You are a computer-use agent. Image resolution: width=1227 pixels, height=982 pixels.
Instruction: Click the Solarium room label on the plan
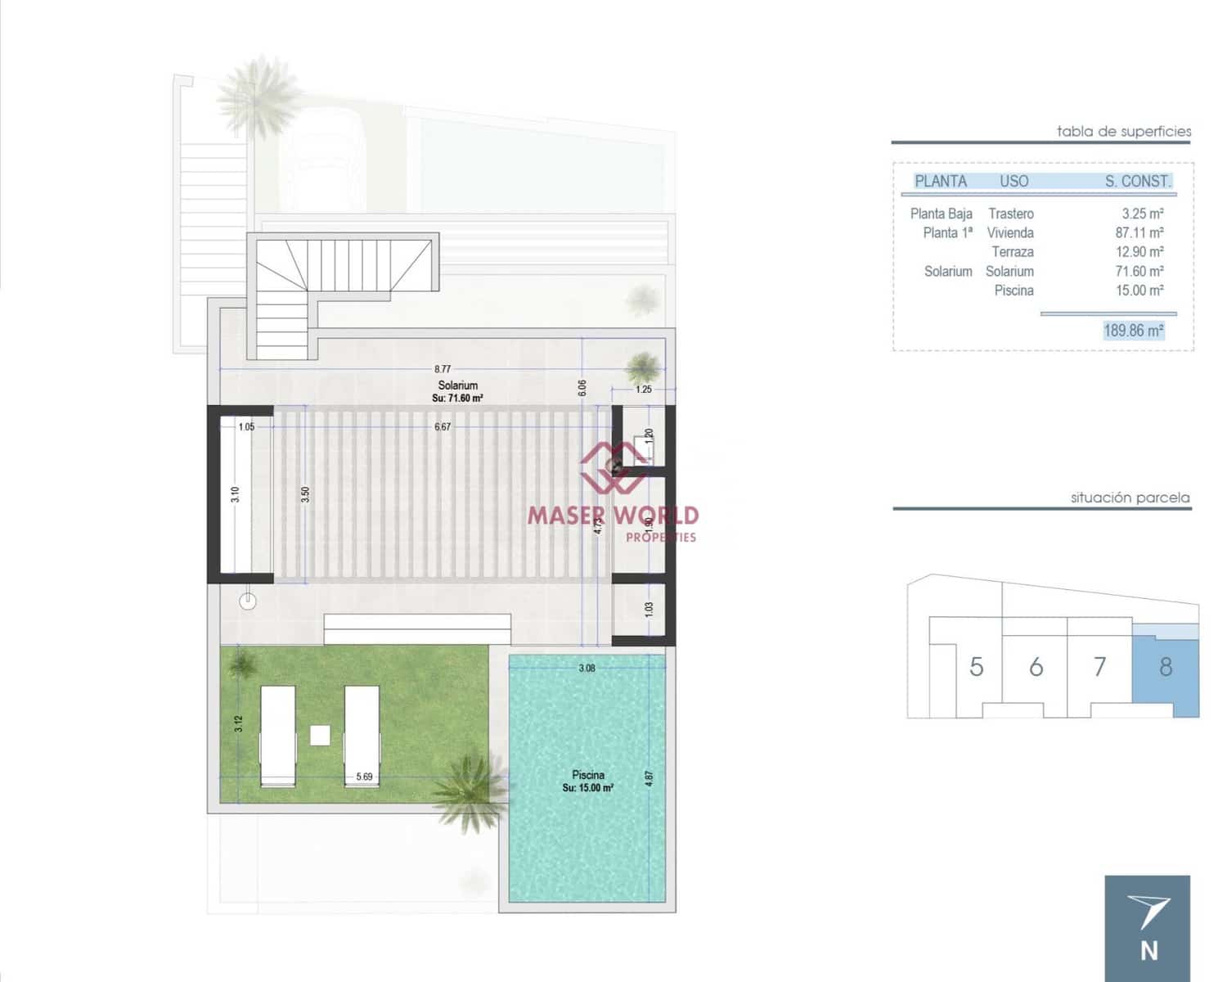click(457, 385)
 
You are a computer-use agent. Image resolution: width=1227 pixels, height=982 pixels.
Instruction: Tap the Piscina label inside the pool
click(588, 775)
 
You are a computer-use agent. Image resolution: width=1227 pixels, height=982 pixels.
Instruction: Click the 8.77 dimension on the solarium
click(443, 369)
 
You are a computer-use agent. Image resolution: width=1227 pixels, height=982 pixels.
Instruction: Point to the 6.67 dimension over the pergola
click(443, 427)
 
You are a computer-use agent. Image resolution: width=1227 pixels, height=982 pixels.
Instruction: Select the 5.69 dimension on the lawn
click(364, 777)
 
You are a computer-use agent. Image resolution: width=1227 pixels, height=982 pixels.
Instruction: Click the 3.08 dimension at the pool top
click(587, 669)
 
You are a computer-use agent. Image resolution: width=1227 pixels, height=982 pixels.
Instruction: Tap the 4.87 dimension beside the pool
click(649, 778)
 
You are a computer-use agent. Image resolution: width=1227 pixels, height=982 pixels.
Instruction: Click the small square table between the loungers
click(320, 735)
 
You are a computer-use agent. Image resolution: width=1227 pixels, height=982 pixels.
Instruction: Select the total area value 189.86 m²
click(1133, 331)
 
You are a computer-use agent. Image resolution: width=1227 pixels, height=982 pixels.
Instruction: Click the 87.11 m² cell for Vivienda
click(1139, 233)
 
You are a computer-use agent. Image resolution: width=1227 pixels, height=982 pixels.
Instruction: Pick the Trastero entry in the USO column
click(1011, 214)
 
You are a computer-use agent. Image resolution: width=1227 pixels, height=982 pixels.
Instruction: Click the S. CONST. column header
click(1138, 182)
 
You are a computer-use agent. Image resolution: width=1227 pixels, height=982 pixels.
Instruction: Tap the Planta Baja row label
click(941, 214)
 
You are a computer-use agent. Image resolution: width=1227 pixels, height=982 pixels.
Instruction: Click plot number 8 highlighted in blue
click(1166, 667)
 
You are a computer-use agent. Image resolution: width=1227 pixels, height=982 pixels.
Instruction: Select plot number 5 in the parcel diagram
click(976, 667)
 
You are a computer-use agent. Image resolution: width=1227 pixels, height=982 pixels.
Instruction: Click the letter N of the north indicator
click(1149, 951)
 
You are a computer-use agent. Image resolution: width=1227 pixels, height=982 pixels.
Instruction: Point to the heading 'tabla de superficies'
click(1124, 131)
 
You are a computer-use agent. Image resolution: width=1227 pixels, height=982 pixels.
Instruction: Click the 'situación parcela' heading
click(1130, 498)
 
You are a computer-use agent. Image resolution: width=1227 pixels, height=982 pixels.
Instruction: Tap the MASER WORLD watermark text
click(613, 516)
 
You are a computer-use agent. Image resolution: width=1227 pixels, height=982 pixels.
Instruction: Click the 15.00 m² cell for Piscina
click(1139, 291)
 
